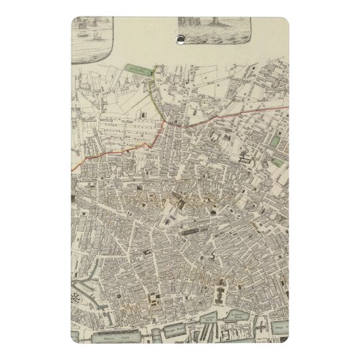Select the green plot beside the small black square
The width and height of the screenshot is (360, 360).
[276, 141]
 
